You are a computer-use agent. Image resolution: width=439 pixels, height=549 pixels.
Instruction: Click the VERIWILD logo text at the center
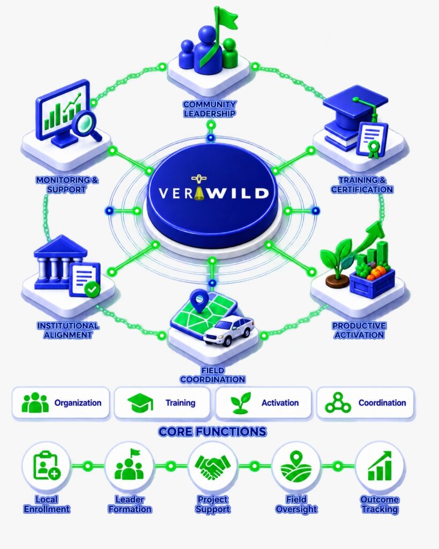(x=213, y=193)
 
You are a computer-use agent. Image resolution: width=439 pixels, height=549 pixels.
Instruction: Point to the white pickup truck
(x=229, y=330)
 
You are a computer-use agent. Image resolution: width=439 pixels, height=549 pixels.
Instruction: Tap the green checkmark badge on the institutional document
(x=92, y=289)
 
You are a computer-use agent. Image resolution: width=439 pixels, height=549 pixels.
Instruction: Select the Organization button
(x=61, y=403)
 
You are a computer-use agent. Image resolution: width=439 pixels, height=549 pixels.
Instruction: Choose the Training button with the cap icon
(x=162, y=403)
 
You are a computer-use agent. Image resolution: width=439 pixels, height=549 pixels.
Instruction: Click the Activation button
(x=263, y=403)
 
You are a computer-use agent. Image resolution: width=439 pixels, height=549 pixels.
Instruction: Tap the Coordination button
(x=366, y=403)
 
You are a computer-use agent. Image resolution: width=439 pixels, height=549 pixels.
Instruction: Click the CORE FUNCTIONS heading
(x=212, y=432)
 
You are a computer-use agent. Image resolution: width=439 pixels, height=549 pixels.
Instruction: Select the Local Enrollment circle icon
(x=47, y=466)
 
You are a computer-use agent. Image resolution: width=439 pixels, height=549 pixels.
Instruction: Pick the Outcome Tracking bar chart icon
(x=380, y=466)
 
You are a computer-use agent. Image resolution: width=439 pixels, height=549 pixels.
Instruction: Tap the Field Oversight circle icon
(x=296, y=466)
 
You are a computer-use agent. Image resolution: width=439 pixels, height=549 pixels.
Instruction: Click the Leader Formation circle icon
(x=130, y=466)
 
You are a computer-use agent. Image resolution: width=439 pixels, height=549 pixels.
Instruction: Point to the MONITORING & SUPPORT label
(x=67, y=184)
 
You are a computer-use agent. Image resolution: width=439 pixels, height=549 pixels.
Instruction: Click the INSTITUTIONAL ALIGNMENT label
(x=68, y=330)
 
